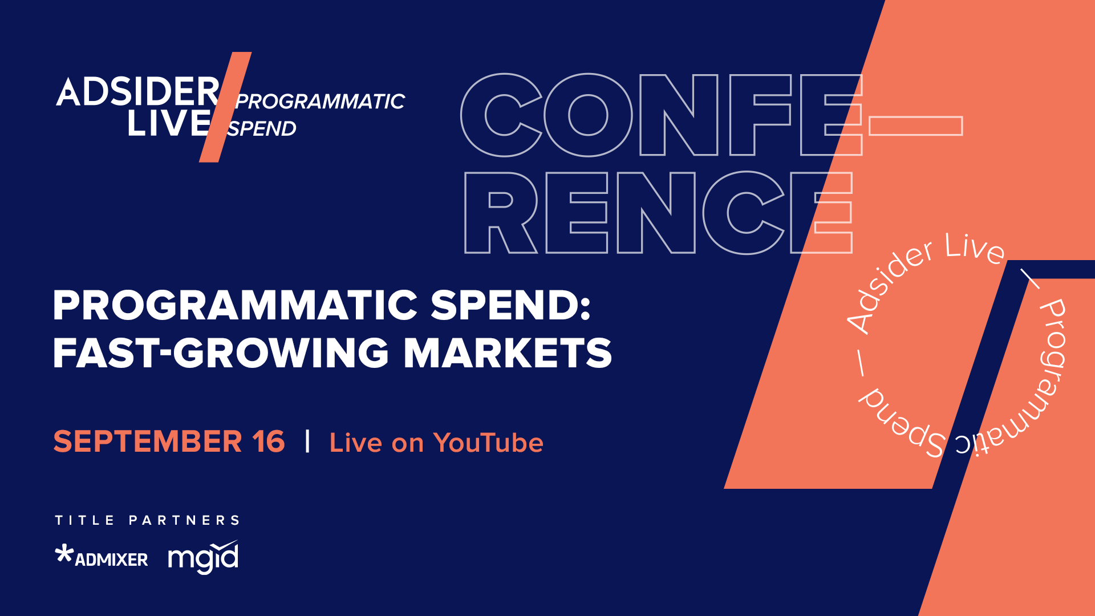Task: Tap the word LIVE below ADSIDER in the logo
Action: point(169,123)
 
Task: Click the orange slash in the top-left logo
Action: point(225,107)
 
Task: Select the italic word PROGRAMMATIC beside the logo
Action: point(320,102)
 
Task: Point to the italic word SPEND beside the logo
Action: point(262,129)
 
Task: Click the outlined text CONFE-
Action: point(662,115)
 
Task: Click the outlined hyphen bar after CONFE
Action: point(915,126)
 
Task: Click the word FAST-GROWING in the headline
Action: point(221,352)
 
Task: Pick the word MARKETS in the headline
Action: point(508,352)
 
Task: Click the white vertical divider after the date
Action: point(308,441)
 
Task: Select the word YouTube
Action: point(488,443)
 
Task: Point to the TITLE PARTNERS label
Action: point(147,520)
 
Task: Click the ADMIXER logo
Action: point(102,557)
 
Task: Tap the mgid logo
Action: point(203,557)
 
